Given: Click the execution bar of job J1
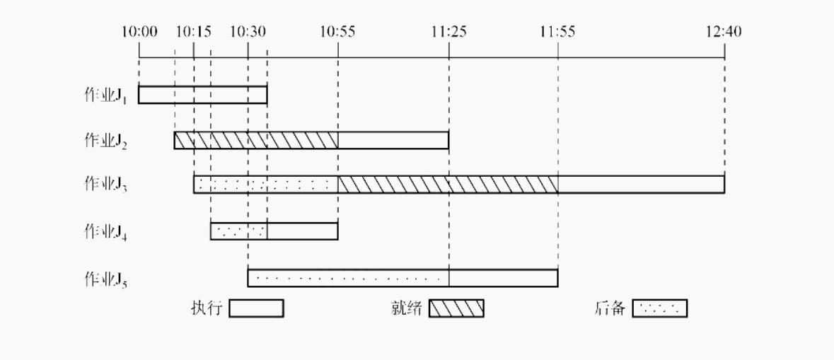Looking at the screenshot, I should coord(202,95).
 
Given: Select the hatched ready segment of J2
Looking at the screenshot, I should coord(256,140).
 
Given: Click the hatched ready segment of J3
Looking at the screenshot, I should coord(448,184).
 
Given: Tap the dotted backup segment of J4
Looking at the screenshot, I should coord(238,231).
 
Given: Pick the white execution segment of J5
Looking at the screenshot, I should coord(503,278).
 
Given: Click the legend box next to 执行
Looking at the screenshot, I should coord(256,309).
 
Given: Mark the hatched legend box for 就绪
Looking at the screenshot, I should coord(457,309).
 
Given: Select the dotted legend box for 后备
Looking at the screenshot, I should coord(659,309).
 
